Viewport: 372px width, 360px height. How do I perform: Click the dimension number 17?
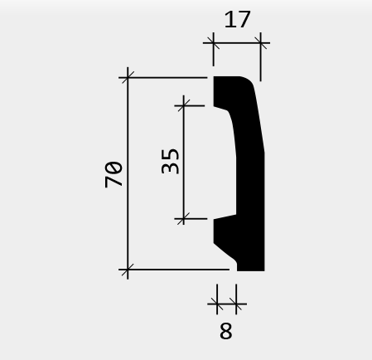point(238,19)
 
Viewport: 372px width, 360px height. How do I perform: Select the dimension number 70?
point(114,174)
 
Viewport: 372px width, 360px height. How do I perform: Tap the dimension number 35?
point(170,162)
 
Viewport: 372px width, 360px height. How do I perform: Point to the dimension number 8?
point(226,331)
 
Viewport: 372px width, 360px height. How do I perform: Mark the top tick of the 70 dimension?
point(128,78)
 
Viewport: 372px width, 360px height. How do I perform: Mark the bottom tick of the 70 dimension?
point(128,270)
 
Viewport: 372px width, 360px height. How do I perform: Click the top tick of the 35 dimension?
point(184,105)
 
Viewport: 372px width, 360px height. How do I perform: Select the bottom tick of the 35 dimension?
point(184,219)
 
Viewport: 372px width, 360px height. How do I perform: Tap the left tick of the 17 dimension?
point(213,43)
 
